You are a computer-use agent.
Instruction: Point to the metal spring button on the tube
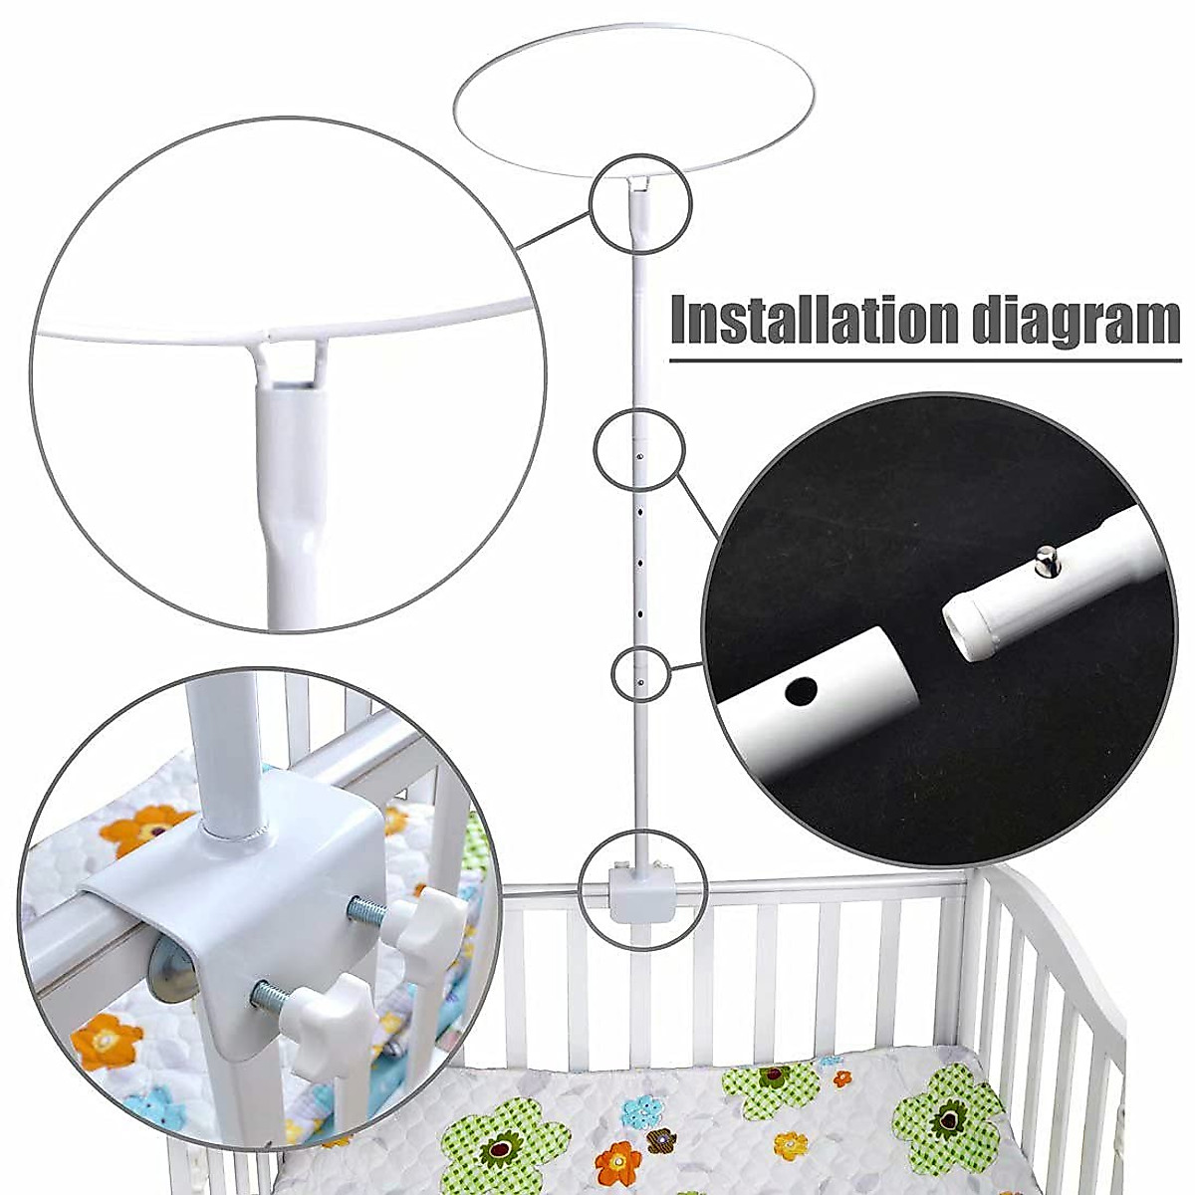(x=1047, y=559)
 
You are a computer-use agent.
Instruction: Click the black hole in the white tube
(x=803, y=689)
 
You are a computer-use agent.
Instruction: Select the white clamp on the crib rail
(x=642, y=891)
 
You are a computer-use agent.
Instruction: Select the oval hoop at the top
(x=634, y=104)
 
